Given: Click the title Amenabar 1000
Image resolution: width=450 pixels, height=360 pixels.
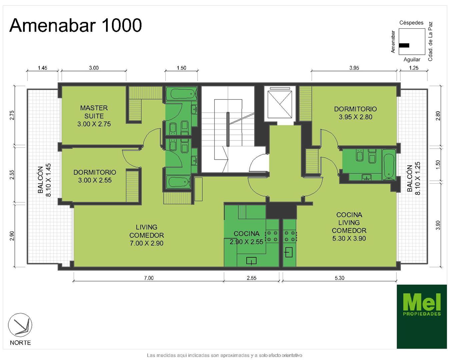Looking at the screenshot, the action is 75,25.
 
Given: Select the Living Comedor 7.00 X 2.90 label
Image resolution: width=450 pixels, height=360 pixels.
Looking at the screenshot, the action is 146,235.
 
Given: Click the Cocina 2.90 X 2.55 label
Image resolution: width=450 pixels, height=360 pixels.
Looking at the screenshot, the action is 246,238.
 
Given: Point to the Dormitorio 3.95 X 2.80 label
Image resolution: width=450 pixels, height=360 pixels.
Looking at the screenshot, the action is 355,113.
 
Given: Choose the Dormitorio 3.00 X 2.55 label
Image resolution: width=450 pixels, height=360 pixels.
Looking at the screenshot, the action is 95,176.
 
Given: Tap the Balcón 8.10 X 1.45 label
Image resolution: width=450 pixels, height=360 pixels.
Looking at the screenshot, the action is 44,180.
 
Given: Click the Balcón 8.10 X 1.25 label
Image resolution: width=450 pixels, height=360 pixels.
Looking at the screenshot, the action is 413,178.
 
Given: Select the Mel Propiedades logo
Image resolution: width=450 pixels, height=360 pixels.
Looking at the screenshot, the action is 422,316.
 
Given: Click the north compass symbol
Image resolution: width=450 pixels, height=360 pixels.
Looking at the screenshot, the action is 20,325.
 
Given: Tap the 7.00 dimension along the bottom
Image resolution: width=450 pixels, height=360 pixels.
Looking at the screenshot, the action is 149,278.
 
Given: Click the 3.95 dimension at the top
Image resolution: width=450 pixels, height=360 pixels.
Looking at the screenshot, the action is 354,68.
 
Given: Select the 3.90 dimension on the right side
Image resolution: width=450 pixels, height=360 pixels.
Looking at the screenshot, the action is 438,225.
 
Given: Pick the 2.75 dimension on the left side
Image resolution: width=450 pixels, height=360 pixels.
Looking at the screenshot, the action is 12,115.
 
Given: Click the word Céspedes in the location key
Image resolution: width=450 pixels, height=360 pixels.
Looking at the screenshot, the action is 411,23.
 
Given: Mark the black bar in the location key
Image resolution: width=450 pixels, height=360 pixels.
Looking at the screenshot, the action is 404,45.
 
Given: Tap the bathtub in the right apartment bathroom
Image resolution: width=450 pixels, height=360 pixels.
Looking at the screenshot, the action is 389,164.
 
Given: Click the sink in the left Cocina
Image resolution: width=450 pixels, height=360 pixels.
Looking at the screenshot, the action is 251,261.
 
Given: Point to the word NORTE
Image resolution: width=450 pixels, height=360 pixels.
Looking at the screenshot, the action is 20,343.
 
